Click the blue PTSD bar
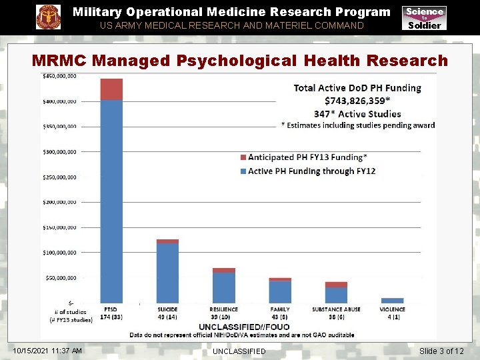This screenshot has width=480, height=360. [x=111, y=200]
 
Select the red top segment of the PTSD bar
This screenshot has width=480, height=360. [x=111, y=89]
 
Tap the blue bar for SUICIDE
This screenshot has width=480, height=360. [x=167, y=273]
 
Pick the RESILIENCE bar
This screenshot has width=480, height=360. [x=223, y=287]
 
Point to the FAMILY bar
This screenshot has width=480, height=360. [x=280, y=292]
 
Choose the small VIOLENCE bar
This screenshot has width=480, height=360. [x=392, y=301]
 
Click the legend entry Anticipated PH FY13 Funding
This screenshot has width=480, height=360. [x=307, y=157]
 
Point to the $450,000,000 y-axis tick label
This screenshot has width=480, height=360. [x=59, y=77]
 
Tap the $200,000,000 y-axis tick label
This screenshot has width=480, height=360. [x=59, y=202]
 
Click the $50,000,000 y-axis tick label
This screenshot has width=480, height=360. [x=59, y=277]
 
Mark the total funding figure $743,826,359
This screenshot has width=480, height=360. [x=357, y=101]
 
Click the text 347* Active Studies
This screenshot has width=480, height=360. [x=357, y=113]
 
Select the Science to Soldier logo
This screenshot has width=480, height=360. [x=424, y=18]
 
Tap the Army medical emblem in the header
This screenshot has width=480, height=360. [x=48, y=17]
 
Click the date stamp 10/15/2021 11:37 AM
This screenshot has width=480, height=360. [x=47, y=351]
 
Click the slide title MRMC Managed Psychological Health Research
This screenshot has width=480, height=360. [x=240, y=60]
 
